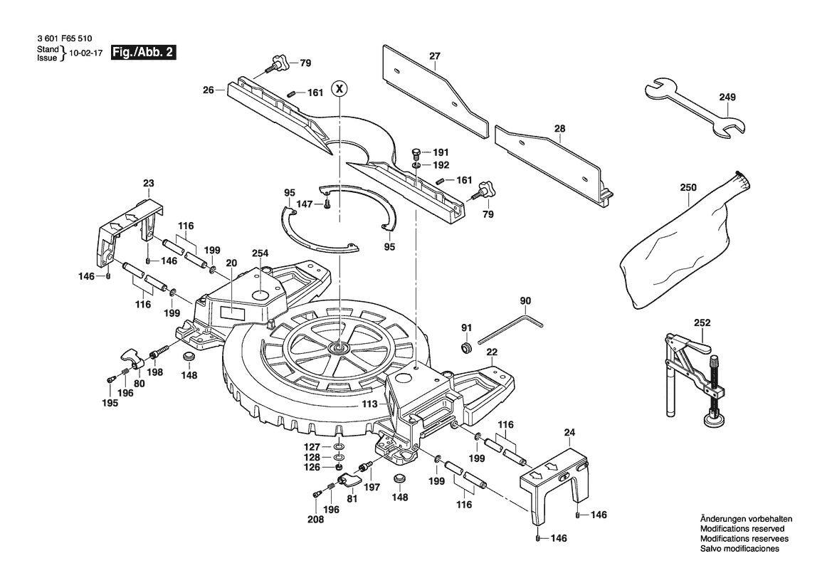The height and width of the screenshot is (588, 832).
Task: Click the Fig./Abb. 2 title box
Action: pyautogui.click(x=142, y=52)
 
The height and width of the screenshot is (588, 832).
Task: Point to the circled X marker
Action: pyautogui.click(x=341, y=89)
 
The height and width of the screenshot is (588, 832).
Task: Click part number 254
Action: pyautogui.click(x=260, y=253)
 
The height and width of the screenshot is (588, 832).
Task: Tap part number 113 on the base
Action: pyautogui.click(x=369, y=404)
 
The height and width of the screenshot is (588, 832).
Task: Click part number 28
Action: pyautogui.click(x=559, y=128)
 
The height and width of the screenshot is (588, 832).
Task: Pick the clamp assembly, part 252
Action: pyautogui.click(x=694, y=377)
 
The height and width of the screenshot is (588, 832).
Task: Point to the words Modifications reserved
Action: pyautogui.click(x=742, y=530)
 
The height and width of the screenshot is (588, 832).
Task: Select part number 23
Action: pyautogui.click(x=148, y=184)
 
